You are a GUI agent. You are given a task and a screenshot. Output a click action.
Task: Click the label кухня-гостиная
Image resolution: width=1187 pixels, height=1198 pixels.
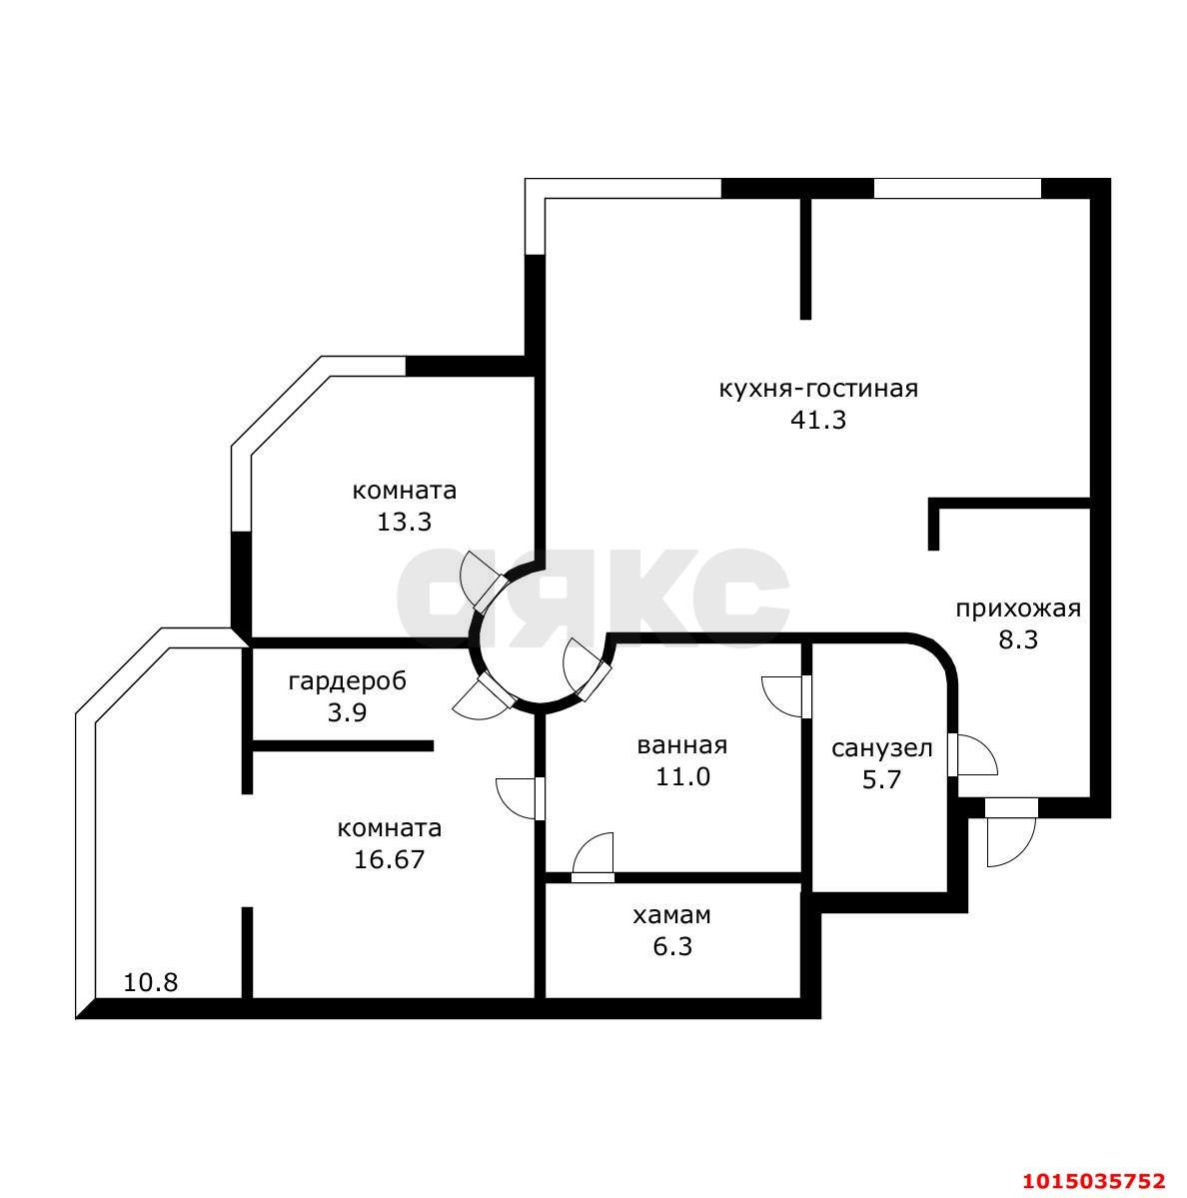point(817,389)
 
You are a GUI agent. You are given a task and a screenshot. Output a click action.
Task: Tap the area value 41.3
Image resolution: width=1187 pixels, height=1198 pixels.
point(817,421)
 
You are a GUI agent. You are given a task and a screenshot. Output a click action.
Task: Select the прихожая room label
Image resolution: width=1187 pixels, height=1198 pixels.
point(1017,608)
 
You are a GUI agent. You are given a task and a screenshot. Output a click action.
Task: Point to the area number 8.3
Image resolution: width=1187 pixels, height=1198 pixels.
point(1017,640)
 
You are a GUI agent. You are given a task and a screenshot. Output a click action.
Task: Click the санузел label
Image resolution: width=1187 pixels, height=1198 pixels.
point(881,748)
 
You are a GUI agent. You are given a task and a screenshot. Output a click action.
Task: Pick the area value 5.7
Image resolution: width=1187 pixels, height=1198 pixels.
point(881,779)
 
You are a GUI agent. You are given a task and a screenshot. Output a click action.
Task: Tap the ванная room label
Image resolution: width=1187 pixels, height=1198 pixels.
point(681,745)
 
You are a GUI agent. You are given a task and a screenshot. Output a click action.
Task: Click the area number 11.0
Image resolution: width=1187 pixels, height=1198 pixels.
point(681,776)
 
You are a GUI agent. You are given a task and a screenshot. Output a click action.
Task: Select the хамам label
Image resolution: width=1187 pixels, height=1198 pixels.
point(671,915)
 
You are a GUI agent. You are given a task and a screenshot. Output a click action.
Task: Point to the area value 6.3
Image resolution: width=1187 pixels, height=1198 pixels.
point(671,946)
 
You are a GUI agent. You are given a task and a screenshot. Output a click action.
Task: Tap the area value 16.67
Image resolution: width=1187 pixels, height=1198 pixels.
point(389,859)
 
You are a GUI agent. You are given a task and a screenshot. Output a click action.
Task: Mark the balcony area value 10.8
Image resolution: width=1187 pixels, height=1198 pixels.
point(150,982)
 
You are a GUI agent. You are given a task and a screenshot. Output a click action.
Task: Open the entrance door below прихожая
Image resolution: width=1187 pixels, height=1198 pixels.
point(1010,827)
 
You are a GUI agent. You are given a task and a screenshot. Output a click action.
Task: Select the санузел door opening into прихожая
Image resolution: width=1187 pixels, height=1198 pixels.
point(971,755)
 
